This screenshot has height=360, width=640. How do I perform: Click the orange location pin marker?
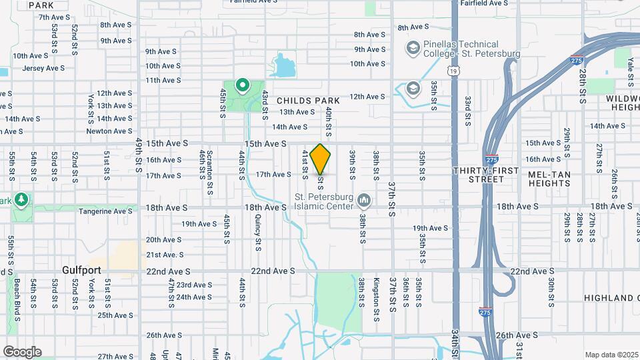[x=321, y=159]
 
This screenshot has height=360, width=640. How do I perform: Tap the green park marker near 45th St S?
[x=242, y=85]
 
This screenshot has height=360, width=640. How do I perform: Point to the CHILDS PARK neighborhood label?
[x=304, y=101]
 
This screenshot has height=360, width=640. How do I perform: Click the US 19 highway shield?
[x=454, y=69]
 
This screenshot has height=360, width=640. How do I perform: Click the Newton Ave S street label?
[x=109, y=131]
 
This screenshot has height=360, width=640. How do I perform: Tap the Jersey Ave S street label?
[x=43, y=68]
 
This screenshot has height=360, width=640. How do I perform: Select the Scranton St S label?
[x=209, y=177]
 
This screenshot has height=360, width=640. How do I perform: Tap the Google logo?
[x=22, y=352]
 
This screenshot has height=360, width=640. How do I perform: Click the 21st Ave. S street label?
[x=164, y=255]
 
